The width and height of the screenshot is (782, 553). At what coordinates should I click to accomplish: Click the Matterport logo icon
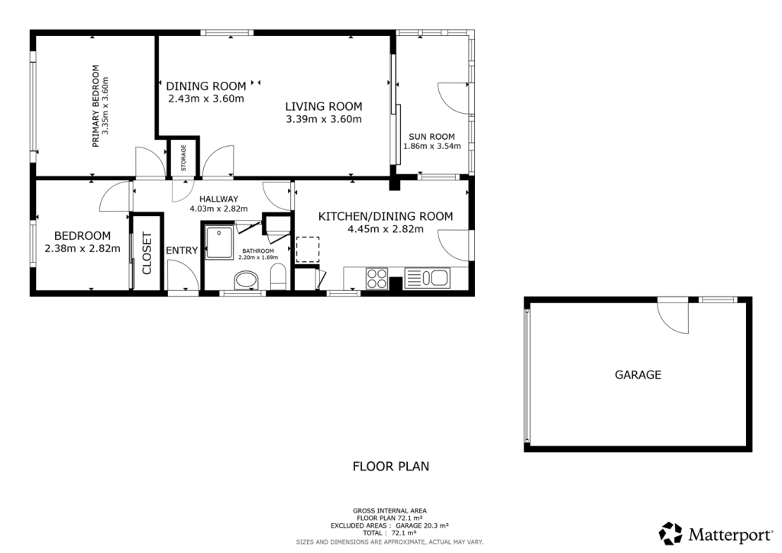point(671,532)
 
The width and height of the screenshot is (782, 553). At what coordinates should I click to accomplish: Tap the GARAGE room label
point(638,375)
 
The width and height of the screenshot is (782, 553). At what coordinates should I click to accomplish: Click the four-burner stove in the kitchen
point(377,279)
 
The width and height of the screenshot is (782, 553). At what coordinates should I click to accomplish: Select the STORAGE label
point(183,157)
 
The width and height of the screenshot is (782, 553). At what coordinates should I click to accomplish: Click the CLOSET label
point(147,253)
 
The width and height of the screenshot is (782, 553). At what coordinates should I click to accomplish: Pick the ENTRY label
point(182,251)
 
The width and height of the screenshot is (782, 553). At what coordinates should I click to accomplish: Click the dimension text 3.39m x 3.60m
point(323,119)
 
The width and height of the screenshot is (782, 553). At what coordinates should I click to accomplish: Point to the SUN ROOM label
point(431,137)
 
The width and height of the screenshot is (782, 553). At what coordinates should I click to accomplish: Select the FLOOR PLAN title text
point(390,465)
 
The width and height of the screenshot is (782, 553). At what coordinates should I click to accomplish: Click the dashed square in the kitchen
point(307,249)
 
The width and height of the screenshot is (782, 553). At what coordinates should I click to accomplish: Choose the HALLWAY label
point(214,199)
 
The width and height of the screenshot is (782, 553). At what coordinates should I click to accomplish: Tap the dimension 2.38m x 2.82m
point(82,248)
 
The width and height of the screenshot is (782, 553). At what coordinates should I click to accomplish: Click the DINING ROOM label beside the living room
point(206,86)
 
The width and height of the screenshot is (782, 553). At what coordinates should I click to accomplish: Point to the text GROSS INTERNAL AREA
point(389,510)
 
